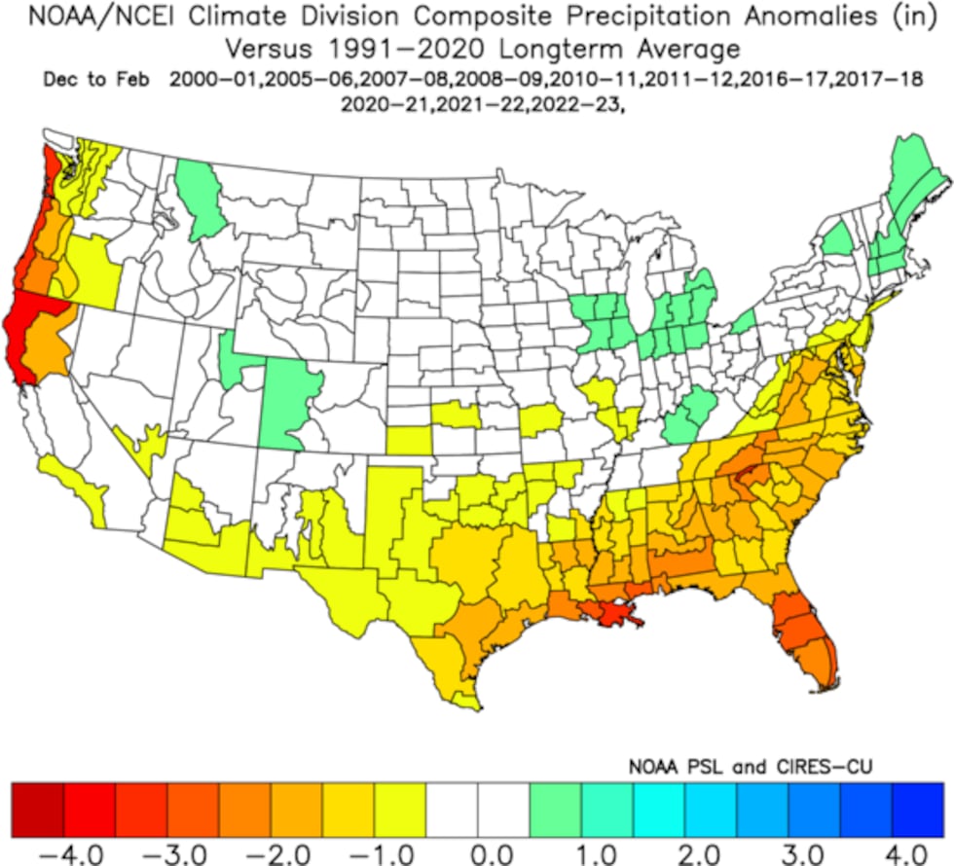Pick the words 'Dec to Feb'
[95, 80]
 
